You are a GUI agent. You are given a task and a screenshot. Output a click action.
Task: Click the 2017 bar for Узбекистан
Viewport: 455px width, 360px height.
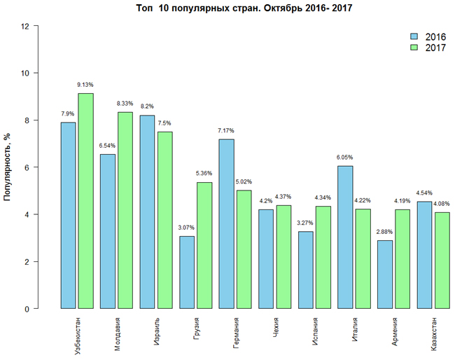click(x=85, y=201)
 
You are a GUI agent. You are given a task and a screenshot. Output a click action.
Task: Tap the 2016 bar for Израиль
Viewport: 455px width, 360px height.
click(x=147, y=212)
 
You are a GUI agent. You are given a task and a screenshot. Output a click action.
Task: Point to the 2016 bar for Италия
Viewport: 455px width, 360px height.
click(x=345, y=237)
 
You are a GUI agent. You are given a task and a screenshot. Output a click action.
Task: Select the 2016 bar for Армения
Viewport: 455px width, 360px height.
click(x=384, y=275)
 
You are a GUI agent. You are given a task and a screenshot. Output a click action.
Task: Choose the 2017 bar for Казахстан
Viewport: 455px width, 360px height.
click(x=441, y=261)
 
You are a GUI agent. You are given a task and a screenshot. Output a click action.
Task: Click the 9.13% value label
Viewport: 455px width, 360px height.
click(x=85, y=85)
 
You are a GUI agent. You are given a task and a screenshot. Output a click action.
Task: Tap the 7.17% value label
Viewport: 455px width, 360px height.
click(x=226, y=131)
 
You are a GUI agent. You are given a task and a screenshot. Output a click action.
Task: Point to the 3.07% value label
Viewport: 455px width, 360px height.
click(x=187, y=228)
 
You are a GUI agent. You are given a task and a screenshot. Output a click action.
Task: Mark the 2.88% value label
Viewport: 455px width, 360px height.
click(x=384, y=232)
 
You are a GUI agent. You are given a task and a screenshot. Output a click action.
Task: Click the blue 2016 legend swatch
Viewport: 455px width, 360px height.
click(x=414, y=36)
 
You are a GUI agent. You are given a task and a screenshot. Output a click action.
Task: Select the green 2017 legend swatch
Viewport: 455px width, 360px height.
click(x=414, y=47)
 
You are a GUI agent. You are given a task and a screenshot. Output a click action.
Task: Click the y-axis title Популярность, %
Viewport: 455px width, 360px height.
click(x=8, y=167)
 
